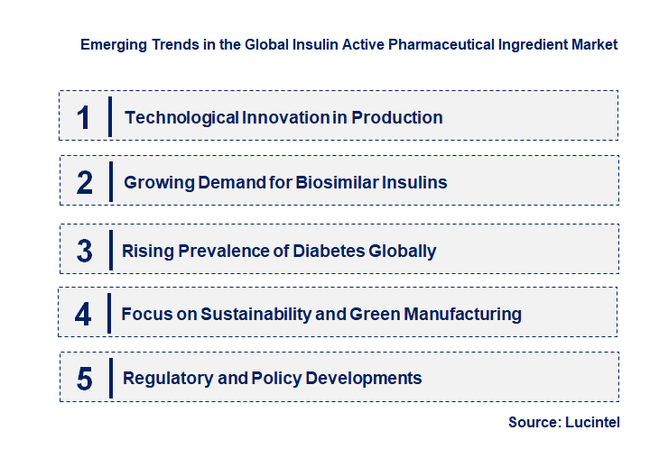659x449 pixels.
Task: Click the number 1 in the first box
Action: coord(84,117)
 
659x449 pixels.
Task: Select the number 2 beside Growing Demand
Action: coord(85,183)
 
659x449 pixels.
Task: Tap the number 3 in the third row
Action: coord(85,251)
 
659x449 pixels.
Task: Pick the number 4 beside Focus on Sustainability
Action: coord(84,315)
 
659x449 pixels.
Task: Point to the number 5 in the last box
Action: coord(85,379)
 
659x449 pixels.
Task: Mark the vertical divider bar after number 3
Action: coord(110,249)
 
